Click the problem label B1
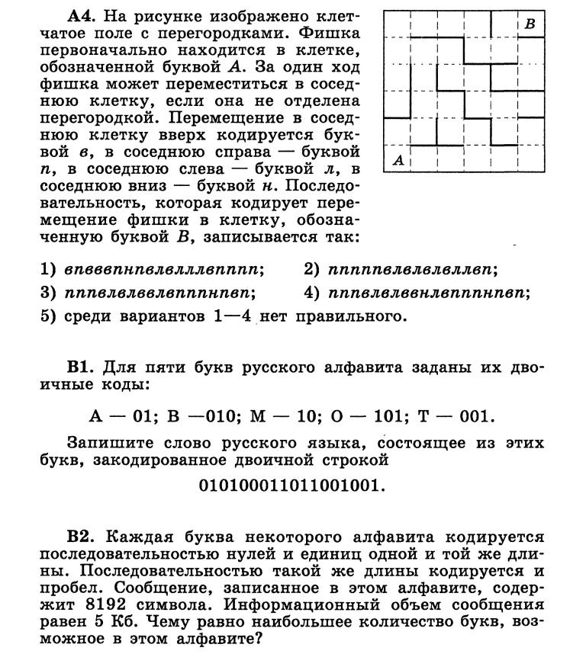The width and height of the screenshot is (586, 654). [81, 367]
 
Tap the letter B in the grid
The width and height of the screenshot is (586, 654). [530, 24]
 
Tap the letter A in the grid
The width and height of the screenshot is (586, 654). [398, 160]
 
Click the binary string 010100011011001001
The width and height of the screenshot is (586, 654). [291, 486]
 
